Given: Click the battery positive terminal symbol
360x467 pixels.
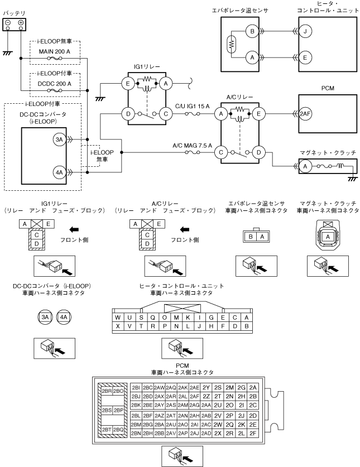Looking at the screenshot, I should click(21, 23).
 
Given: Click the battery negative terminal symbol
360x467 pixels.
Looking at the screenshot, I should click(9, 23).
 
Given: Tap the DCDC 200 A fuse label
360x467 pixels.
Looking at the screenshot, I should click(54, 83).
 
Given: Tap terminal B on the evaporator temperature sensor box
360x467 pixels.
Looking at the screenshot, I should click(252, 32).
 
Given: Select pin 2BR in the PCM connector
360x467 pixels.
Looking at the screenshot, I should click(106, 391).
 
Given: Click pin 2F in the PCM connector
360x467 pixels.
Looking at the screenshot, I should click(253, 433).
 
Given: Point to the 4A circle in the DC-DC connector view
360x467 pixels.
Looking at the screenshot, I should click(64, 317).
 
